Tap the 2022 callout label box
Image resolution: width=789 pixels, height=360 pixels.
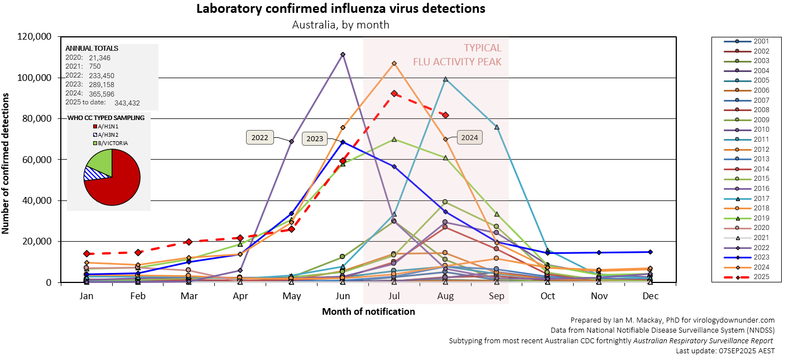coord(260,138)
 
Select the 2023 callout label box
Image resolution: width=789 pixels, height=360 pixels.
coord(315,138)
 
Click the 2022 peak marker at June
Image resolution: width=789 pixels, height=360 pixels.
coord(343,54)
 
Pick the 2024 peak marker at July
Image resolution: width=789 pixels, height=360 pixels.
coord(394,63)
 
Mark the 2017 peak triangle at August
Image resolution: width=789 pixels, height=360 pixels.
coord(445,79)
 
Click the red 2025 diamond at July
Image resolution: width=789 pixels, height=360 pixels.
coord(394,93)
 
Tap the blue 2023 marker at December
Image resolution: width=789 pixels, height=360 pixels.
coord(651,252)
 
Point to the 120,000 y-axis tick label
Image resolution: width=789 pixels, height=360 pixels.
coord(35,37)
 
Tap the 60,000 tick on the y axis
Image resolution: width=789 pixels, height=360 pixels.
coord(37,160)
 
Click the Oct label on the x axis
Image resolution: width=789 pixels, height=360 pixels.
coord(548,296)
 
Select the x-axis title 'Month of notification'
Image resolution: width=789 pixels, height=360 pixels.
coord(368,311)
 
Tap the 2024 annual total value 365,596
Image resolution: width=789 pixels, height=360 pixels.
coord(102,94)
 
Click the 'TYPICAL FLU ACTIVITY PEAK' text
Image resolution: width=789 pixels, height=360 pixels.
coord(457,55)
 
